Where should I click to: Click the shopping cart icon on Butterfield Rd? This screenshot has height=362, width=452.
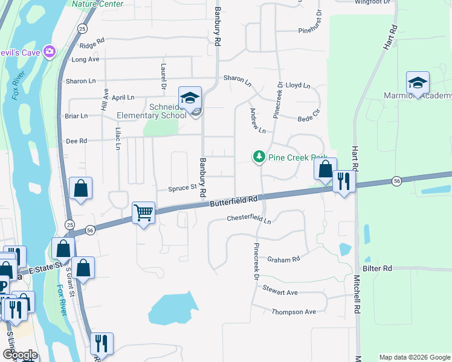click(143, 212)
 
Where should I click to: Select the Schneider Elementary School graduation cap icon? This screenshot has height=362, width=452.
click(190, 98)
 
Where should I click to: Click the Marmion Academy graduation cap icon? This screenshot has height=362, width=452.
click(418, 83)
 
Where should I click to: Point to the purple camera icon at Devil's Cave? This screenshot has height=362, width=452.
click(50, 52)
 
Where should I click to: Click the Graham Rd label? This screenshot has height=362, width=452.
click(283, 259)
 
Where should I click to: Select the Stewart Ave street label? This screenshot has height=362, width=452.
click(280, 291)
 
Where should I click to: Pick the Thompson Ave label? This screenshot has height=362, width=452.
click(294, 312)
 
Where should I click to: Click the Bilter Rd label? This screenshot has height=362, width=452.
click(378, 268)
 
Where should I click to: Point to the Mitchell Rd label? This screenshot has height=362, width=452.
click(357, 294)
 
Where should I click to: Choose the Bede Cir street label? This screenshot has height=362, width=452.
click(308, 119)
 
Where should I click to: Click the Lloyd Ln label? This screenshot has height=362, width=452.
click(297, 86)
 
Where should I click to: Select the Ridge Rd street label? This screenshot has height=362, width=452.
click(92, 44)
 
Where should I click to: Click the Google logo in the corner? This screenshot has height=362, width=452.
click(20, 355)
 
